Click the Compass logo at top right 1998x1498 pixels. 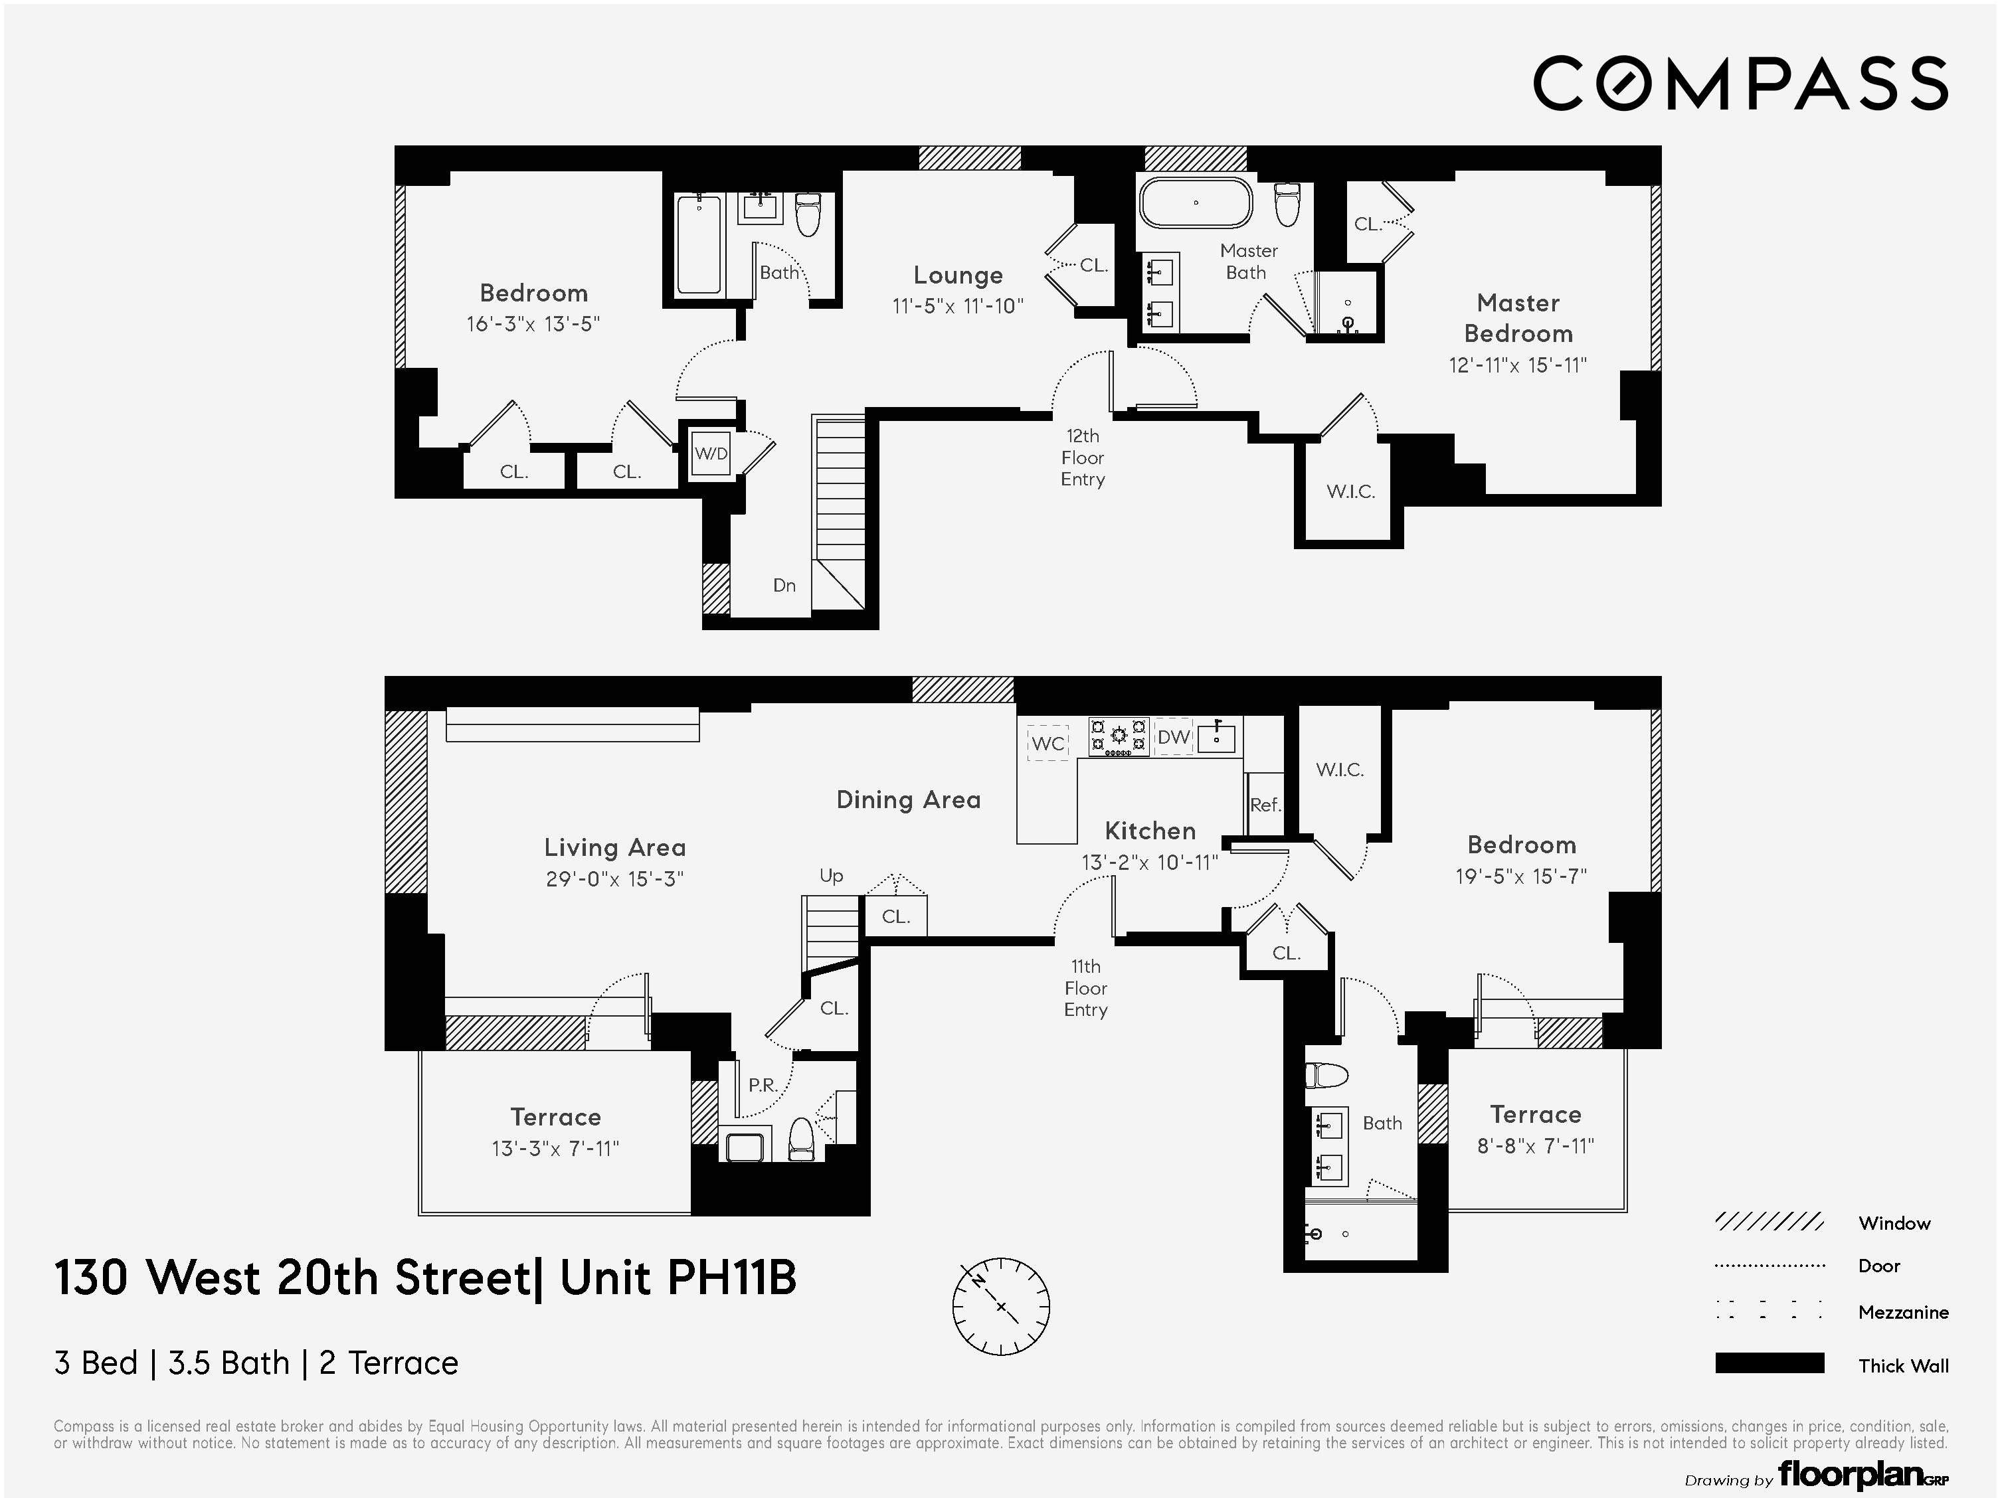coord(1740,83)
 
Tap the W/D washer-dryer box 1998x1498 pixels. coord(711,454)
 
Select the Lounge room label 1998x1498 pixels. coord(957,276)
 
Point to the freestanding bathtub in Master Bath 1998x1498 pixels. coord(1195,203)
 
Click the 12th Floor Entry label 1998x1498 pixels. coord(1082,458)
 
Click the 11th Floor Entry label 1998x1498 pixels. coord(1085,988)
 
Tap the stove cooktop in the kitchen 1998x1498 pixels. coord(1119,736)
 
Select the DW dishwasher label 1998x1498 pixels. coord(1173,738)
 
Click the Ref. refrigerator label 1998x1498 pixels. coord(1265,805)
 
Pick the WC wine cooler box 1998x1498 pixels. coord(1047,743)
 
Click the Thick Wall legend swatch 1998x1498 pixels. coord(1769,1363)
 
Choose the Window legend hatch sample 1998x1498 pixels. coord(1769,1222)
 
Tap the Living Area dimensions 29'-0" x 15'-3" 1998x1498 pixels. coord(614,878)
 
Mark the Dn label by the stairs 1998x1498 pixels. coord(784,585)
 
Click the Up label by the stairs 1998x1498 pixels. coord(831,875)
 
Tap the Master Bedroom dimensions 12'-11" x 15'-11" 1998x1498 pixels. coord(1518,365)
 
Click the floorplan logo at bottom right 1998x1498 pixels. coord(1862,1475)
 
